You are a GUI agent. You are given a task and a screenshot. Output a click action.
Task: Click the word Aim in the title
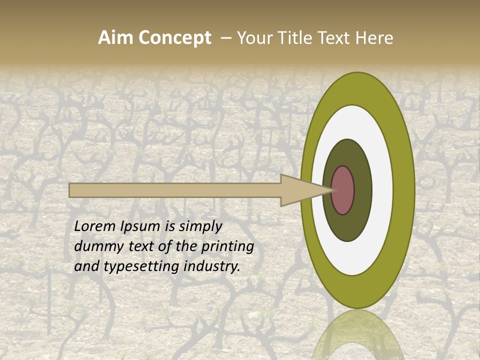(115, 38)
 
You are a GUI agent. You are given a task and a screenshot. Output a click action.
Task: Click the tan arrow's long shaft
(175, 190)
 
